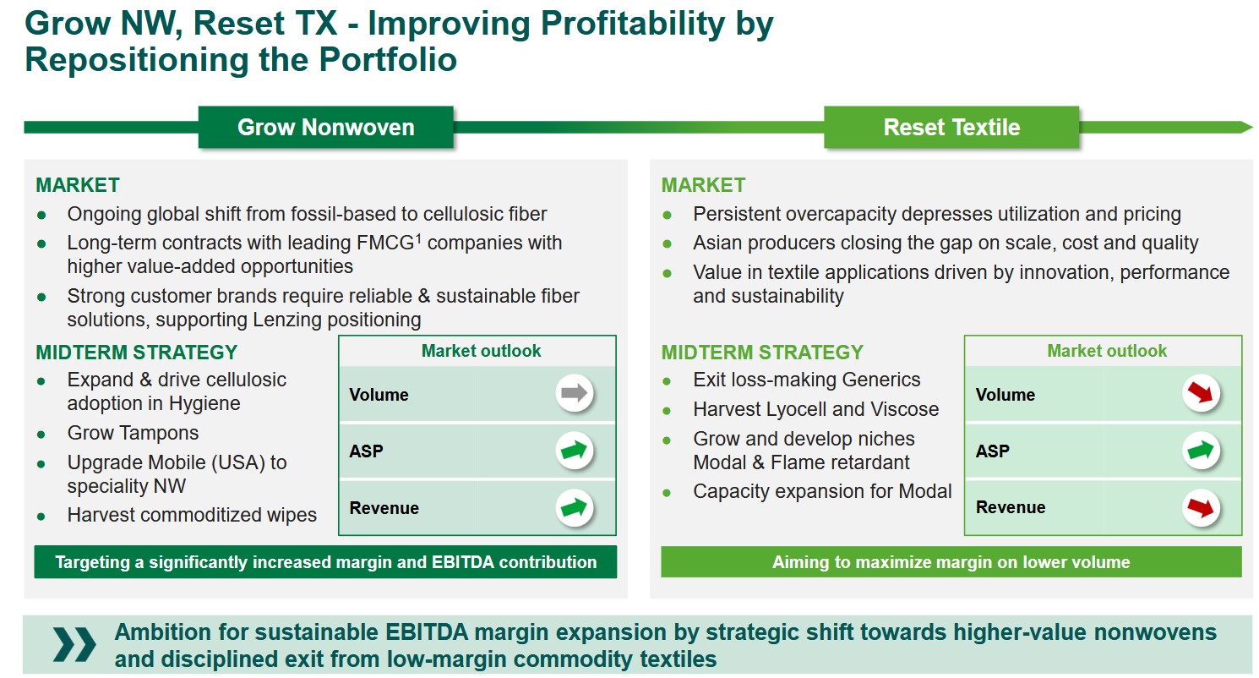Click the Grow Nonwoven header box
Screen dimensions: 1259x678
coord(326,127)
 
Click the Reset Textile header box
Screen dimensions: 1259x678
coord(951,127)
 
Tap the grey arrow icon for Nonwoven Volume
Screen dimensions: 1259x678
coord(575,393)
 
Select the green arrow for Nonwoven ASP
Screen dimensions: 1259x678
coord(575,451)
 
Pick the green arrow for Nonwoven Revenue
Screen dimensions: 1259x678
coord(575,508)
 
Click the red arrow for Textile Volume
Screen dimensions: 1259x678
coord(1201,393)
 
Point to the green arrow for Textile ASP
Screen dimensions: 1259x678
coord(1201,451)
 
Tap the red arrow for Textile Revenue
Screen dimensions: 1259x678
coord(1201,508)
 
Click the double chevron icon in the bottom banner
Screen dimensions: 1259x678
coord(74,644)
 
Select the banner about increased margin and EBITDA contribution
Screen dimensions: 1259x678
coord(325,561)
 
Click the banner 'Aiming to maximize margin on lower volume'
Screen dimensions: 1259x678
coord(951,561)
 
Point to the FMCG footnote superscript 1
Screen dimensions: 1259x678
coord(418,238)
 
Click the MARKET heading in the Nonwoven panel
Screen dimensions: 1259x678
coord(78,185)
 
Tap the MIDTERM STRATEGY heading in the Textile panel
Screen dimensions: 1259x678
coord(762,353)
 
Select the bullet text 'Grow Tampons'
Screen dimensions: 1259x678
coord(133,433)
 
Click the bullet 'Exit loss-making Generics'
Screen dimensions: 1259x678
coord(807,380)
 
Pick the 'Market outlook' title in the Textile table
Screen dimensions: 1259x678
coord(1107,351)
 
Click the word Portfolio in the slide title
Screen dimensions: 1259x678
coord(388,59)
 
